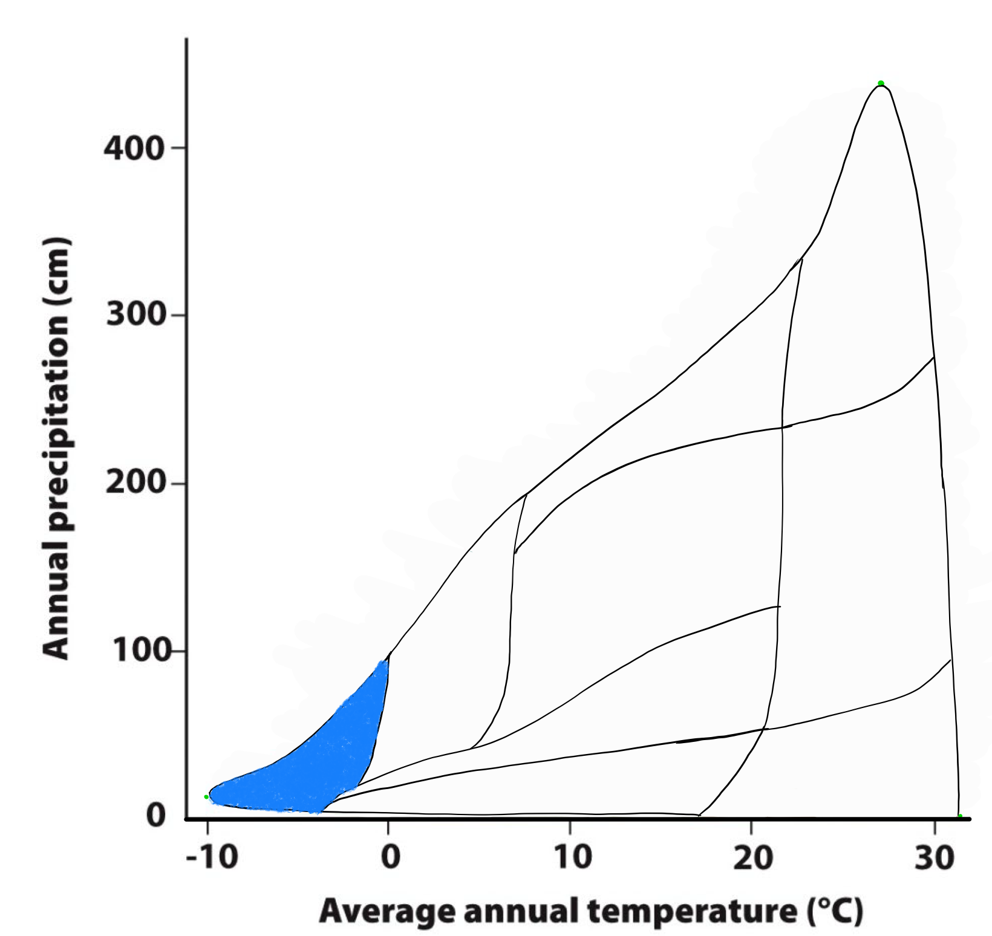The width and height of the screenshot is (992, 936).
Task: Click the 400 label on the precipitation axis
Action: [134, 148]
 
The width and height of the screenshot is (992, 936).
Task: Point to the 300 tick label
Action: [135, 315]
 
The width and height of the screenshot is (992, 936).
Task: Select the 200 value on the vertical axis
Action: [135, 483]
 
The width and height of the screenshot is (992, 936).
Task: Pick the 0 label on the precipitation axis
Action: [156, 816]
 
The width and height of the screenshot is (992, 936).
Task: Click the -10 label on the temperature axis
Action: [211, 857]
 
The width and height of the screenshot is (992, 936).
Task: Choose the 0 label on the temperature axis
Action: [391, 857]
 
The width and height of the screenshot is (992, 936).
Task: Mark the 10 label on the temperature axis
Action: [572, 857]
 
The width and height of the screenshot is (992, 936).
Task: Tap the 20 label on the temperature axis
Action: [752, 857]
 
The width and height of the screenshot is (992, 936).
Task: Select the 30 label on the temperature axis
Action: [934, 857]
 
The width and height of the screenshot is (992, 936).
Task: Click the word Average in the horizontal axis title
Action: [387, 912]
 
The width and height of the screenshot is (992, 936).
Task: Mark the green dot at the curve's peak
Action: [881, 83]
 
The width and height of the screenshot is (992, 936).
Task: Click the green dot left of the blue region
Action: [206, 797]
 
